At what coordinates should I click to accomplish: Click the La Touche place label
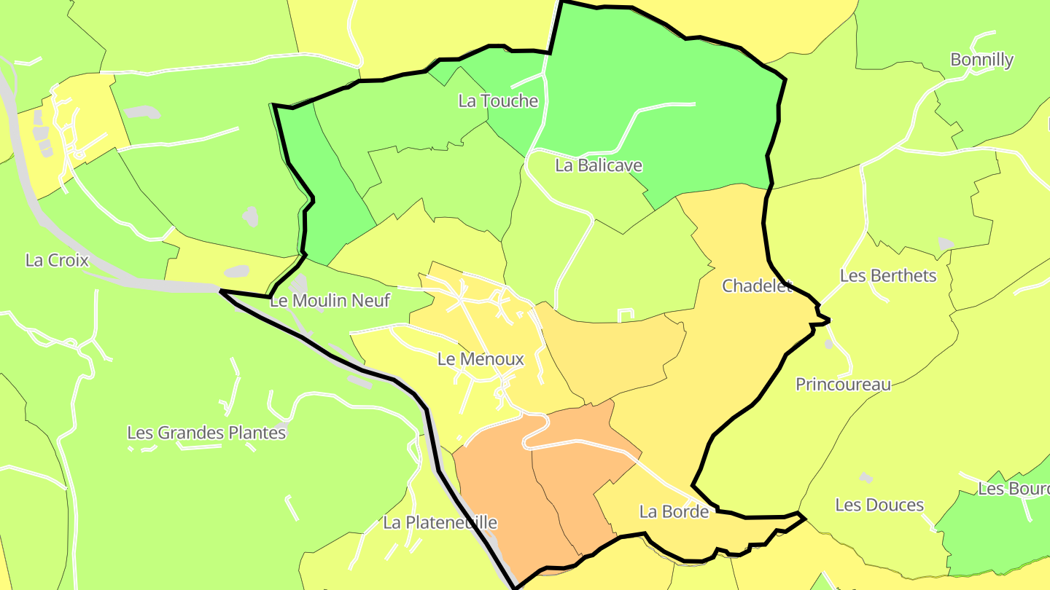[498, 101]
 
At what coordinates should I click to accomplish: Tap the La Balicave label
[599, 165]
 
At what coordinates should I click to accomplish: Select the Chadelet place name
[757, 286]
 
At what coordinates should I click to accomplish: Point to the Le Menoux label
[481, 359]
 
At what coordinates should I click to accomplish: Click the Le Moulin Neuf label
[330, 300]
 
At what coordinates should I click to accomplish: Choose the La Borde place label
[674, 511]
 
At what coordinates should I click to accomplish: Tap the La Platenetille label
[440, 522]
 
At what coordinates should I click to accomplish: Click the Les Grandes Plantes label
[206, 433]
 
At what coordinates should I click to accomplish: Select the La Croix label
[57, 260]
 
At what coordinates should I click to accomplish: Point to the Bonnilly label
[981, 60]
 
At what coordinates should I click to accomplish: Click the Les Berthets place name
[888, 275]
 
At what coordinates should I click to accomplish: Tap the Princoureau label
[843, 384]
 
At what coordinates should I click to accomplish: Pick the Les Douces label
[879, 505]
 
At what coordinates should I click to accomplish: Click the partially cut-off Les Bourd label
[1014, 488]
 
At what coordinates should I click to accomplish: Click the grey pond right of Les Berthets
[946, 243]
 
